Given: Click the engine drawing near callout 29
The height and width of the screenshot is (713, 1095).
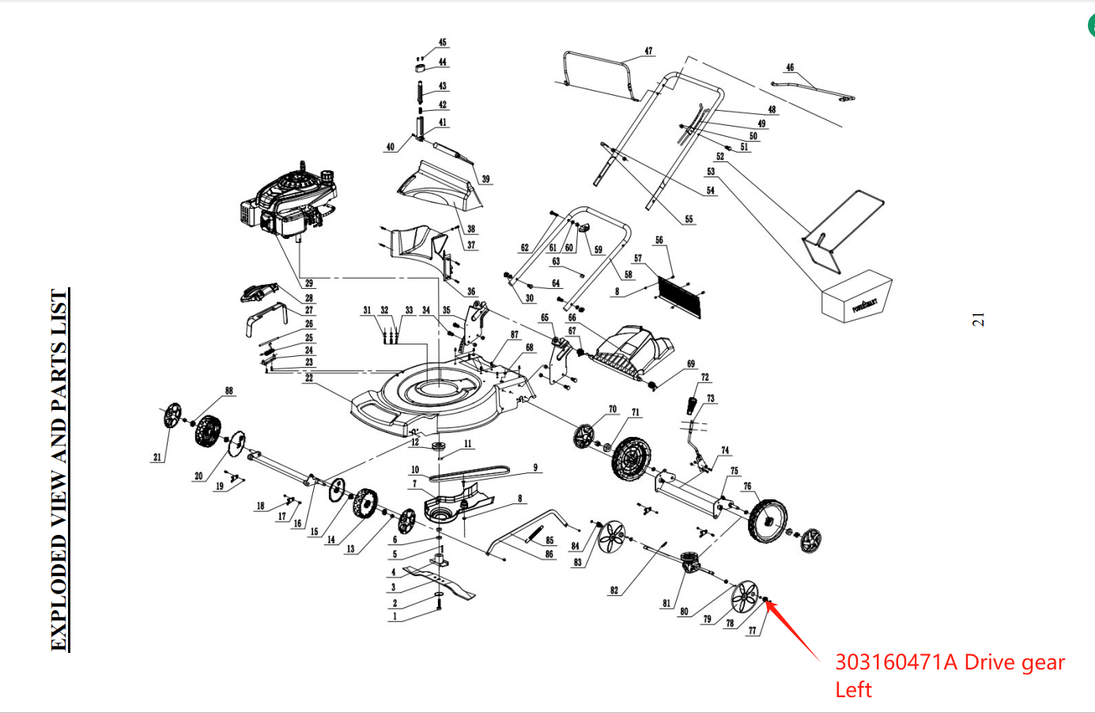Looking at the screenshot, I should point(289,203).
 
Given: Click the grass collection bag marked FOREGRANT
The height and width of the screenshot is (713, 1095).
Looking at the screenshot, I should point(858,297).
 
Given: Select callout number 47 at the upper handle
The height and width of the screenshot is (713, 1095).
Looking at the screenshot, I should point(648,51).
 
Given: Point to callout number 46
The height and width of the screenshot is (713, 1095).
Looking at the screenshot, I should point(790,68).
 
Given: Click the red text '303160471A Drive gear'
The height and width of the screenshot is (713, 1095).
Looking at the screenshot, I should point(950,662).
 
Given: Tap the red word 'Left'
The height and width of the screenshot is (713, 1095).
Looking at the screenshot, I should point(853,690).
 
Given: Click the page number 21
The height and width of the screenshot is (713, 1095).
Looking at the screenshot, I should point(978,320).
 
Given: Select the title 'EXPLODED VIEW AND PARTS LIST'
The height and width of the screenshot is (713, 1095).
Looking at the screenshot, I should point(60,470).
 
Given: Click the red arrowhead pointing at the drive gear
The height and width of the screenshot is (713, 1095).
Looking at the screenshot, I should point(771,606).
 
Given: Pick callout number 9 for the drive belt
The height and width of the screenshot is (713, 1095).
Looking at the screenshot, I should point(535,468).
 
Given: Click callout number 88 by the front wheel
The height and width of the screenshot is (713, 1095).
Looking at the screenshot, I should point(229,391).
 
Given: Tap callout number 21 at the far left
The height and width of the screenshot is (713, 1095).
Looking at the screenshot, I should point(157,457).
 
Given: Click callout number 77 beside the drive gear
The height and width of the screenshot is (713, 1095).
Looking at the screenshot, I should point(752,631).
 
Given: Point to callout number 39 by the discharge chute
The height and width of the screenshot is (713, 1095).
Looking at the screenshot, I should point(485,180).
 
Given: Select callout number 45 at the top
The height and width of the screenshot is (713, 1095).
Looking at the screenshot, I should point(442,43).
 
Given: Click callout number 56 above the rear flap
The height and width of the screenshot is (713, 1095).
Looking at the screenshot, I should point(659,241).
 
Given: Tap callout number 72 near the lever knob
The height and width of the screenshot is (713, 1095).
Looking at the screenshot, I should point(705,377).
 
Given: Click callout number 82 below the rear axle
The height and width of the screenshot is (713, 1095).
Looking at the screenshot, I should point(614,590).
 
